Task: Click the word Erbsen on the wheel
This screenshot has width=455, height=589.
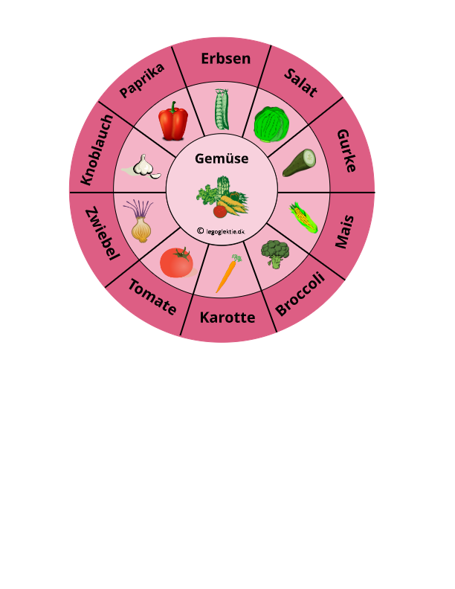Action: point(226,59)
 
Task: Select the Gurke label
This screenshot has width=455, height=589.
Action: point(347,150)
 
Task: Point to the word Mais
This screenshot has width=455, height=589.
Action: point(343,231)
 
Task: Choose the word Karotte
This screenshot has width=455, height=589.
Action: point(227,318)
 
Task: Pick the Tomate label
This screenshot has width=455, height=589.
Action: point(152,296)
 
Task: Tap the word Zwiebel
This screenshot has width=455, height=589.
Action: point(102,234)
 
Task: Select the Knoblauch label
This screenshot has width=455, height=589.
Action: point(97,150)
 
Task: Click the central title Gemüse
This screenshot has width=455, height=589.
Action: point(222,158)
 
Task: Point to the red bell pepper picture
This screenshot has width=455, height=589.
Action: point(173,121)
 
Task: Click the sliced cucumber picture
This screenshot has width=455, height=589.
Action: point(299,163)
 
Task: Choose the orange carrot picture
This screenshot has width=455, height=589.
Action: point(227,273)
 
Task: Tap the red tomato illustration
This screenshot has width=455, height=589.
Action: point(177,262)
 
